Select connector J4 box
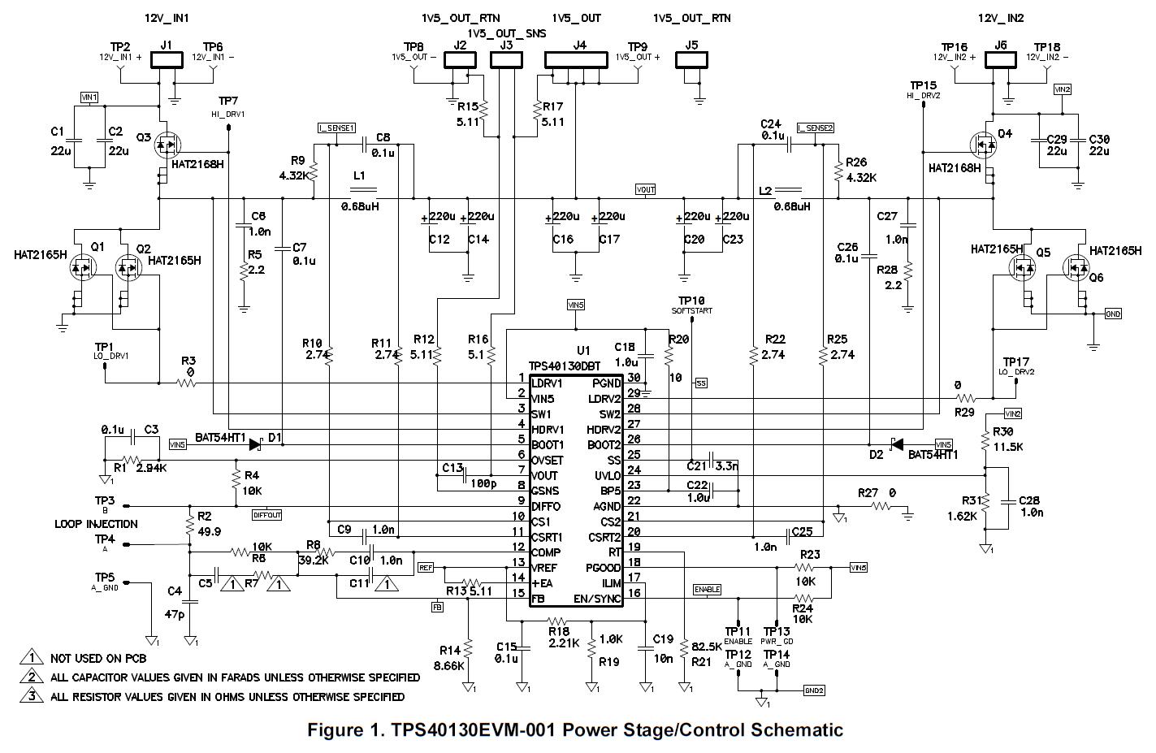click(576, 60)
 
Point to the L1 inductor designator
click(358, 175)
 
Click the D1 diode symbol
click(256, 444)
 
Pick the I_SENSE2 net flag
click(815, 128)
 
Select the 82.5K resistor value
click(707, 647)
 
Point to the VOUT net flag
click(645, 190)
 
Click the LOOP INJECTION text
click(96, 524)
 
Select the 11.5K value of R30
click(1007, 447)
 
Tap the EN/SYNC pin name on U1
click(599, 599)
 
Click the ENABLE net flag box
click(707, 589)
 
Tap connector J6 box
click(1000, 60)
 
